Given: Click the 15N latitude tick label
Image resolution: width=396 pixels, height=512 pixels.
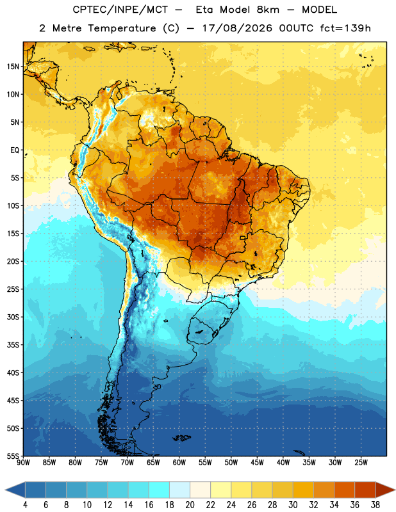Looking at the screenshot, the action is pyautogui.click(x=13, y=67).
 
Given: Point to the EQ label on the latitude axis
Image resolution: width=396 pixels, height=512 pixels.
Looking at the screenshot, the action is pyautogui.click(x=15, y=150).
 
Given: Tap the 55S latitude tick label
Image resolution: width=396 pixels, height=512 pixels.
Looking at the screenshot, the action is pyautogui.click(x=13, y=456).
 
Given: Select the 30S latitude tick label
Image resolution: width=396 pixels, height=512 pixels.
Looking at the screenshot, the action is pyautogui.click(x=13, y=317).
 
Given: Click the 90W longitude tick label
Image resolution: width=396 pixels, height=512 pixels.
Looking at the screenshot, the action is pyautogui.click(x=23, y=463).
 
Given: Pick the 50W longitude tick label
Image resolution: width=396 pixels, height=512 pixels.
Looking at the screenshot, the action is pyautogui.click(x=231, y=463).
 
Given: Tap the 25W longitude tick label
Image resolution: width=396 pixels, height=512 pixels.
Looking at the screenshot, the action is pyautogui.click(x=361, y=463).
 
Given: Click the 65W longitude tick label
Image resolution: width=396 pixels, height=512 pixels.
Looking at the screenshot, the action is pyautogui.click(x=153, y=463).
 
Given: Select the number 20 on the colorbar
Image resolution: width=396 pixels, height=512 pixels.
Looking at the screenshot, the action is pyautogui.click(x=190, y=505).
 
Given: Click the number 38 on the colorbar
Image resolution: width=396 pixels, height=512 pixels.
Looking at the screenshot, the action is pyautogui.click(x=375, y=505).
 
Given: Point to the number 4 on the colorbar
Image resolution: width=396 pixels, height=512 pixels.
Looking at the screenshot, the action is pyautogui.click(x=25, y=505).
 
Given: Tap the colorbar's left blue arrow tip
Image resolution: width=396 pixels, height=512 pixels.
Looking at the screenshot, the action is pyautogui.click(x=6, y=490).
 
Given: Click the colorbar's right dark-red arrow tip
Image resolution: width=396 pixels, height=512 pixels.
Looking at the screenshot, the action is pyautogui.click(x=395, y=490).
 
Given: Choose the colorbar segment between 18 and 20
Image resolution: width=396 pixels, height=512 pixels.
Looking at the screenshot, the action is pyautogui.click(x=179, y=490).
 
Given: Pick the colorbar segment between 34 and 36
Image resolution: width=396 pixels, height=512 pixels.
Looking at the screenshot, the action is pyautogui.click(x=344, y=490).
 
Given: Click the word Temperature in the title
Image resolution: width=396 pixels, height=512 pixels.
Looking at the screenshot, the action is pyautogui.click(x=122, y=28).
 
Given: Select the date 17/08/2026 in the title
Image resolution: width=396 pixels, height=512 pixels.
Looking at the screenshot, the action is pyautogui.click(x=237, y=28).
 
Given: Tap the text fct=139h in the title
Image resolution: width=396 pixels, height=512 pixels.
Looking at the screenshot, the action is pyautogui.click(x=345, y=28).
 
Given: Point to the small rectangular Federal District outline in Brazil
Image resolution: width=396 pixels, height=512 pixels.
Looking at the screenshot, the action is pyautogui.click(x=243, y=237).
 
